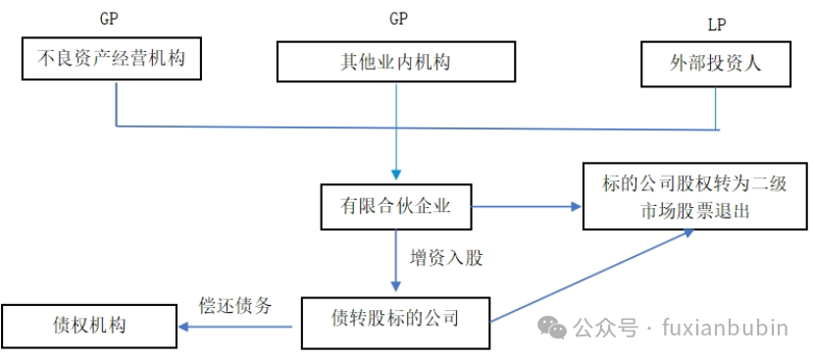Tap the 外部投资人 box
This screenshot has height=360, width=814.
pyautogui.click(x=716, y=64)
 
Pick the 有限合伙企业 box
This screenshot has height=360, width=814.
pyautogui.click(x=395, y=207)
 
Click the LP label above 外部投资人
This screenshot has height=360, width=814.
pyautogui.click(x=717, y=24)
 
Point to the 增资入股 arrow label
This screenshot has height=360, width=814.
pyautogui.click(x=446, y=259)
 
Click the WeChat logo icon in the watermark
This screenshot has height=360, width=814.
pyautogui.click(x=553, y=326)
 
